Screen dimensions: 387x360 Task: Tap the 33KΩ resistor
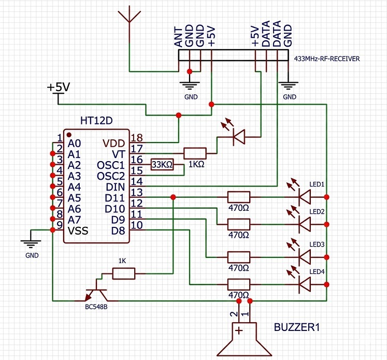pyautogui.click(x=162, y=164)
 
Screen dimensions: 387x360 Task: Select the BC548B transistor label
pyautogui.click(x=96, y=307)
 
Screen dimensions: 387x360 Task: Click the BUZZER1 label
pyautogui.click(x=297, y=327)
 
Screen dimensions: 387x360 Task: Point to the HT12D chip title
pyautogui.click(x=96, y=121)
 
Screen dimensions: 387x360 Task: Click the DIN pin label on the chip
pyautogui.click(x=115, y=187)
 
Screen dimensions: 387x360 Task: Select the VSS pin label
pyautogui.click(x=78, y=231)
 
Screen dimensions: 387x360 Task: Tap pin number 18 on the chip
pyautogui.click(x=136, y=138)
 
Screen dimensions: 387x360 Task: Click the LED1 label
pyautogui.click(x=317, y=184)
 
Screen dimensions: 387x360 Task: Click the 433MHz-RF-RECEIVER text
pyautogui.click(x=327, y=59)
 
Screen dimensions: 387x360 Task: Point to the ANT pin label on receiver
pyautogui.click(x=178, y=37)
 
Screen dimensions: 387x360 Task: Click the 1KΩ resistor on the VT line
pyautogui.click(x=195, y=153)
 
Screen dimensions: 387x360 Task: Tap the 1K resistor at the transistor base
pyautogui.click(x=124, y=273)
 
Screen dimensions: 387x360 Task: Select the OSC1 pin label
pyautogui.click(x=111, y=165)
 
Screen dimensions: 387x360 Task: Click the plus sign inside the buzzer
pyautogui.click(x=239, y=330)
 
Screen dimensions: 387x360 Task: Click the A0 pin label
pyautogui.click(x=74, y=143)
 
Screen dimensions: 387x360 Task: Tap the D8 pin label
pyautogui.click(x=118, y=231)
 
